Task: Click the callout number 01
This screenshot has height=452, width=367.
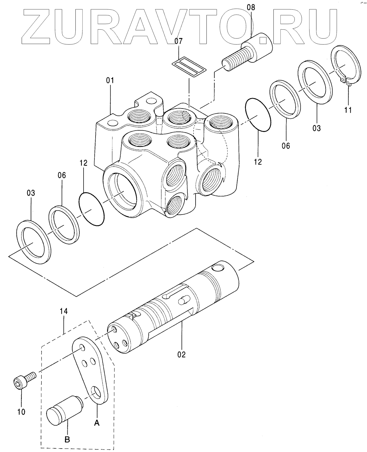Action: coord(110,81)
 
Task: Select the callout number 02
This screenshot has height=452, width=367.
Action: coord(181,354)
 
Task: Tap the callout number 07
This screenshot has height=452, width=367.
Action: coord(179,41)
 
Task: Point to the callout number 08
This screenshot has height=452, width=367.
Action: coord(251,7)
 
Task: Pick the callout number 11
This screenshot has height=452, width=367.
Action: coord(348,110)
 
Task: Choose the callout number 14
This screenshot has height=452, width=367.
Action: coord(64,311)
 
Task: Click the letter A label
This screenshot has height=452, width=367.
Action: coord(97,423)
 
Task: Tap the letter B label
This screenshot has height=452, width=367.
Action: coord(67,440)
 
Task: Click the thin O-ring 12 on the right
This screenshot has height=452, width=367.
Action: coord(257,115)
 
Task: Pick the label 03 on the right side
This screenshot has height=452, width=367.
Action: coord(316,128)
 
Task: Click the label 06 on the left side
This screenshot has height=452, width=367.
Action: coord(62,175)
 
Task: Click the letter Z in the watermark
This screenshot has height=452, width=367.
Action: coord(40,27)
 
